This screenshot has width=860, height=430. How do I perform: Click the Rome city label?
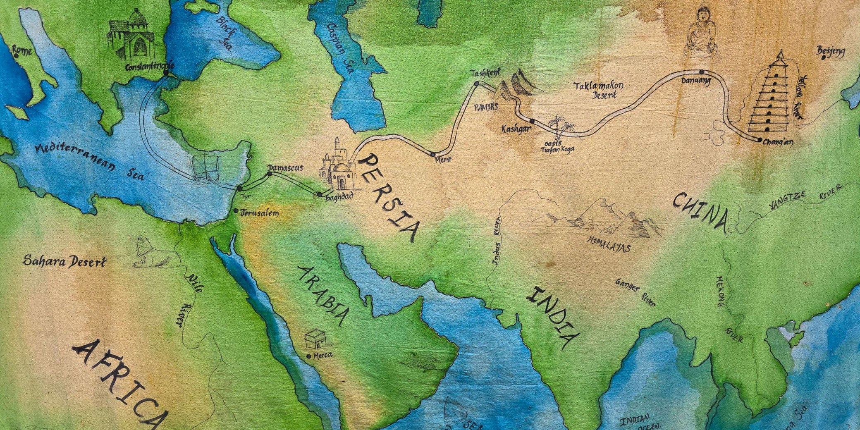click(x=22, y=50)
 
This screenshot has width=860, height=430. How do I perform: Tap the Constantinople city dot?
click(x=166, y=74)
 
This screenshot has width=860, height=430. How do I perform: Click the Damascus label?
click(x=285, y=168)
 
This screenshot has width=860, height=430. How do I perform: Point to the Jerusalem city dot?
click(x=236, y=211)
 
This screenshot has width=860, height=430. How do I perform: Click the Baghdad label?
click(x=339, y=198)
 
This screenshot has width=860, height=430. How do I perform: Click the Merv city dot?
click(x=432, y=154)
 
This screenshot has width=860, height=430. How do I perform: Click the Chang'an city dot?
click(x=760, y=140)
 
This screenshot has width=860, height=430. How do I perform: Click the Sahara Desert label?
click(x=64, y=261)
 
